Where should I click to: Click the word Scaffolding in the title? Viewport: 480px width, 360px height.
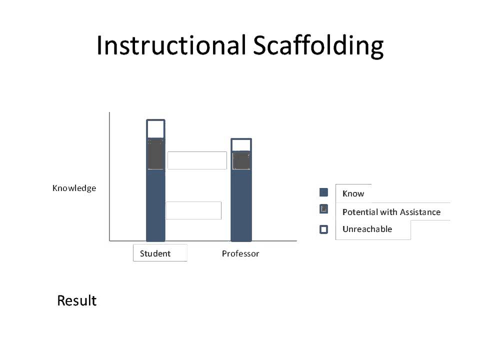point(318,45)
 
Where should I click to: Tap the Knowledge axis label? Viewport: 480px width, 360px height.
point(74,188)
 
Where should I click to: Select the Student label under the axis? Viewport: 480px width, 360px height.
point(155,253)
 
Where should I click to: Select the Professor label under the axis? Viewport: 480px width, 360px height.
point(240,253)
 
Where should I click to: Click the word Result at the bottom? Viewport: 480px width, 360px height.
point(76,300)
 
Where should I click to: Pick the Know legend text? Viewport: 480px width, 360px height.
point(353,193)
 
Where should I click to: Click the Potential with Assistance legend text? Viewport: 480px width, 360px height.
point(391,212)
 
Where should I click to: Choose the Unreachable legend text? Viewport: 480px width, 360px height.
point(367,229)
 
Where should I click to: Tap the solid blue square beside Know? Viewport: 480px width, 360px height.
point(323,192)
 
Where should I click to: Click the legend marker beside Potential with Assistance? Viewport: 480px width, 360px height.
point(323,209)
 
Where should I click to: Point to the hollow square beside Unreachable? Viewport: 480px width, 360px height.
point(323,229)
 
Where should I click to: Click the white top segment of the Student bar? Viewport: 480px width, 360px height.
point(155,129)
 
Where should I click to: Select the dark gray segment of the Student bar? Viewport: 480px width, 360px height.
point(155,155)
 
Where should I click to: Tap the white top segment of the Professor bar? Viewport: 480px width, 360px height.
point(241,145)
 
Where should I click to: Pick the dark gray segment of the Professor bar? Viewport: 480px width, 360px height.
point(241,161)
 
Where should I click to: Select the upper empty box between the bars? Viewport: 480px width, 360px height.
point(197,160)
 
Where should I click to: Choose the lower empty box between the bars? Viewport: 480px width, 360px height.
point(193,210)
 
